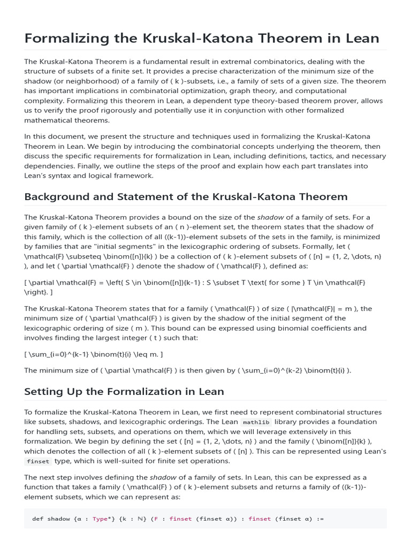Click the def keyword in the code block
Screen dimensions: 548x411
click(37, 519)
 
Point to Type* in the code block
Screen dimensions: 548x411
click(102, 519)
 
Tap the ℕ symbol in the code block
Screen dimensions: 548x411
click(139, 519)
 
